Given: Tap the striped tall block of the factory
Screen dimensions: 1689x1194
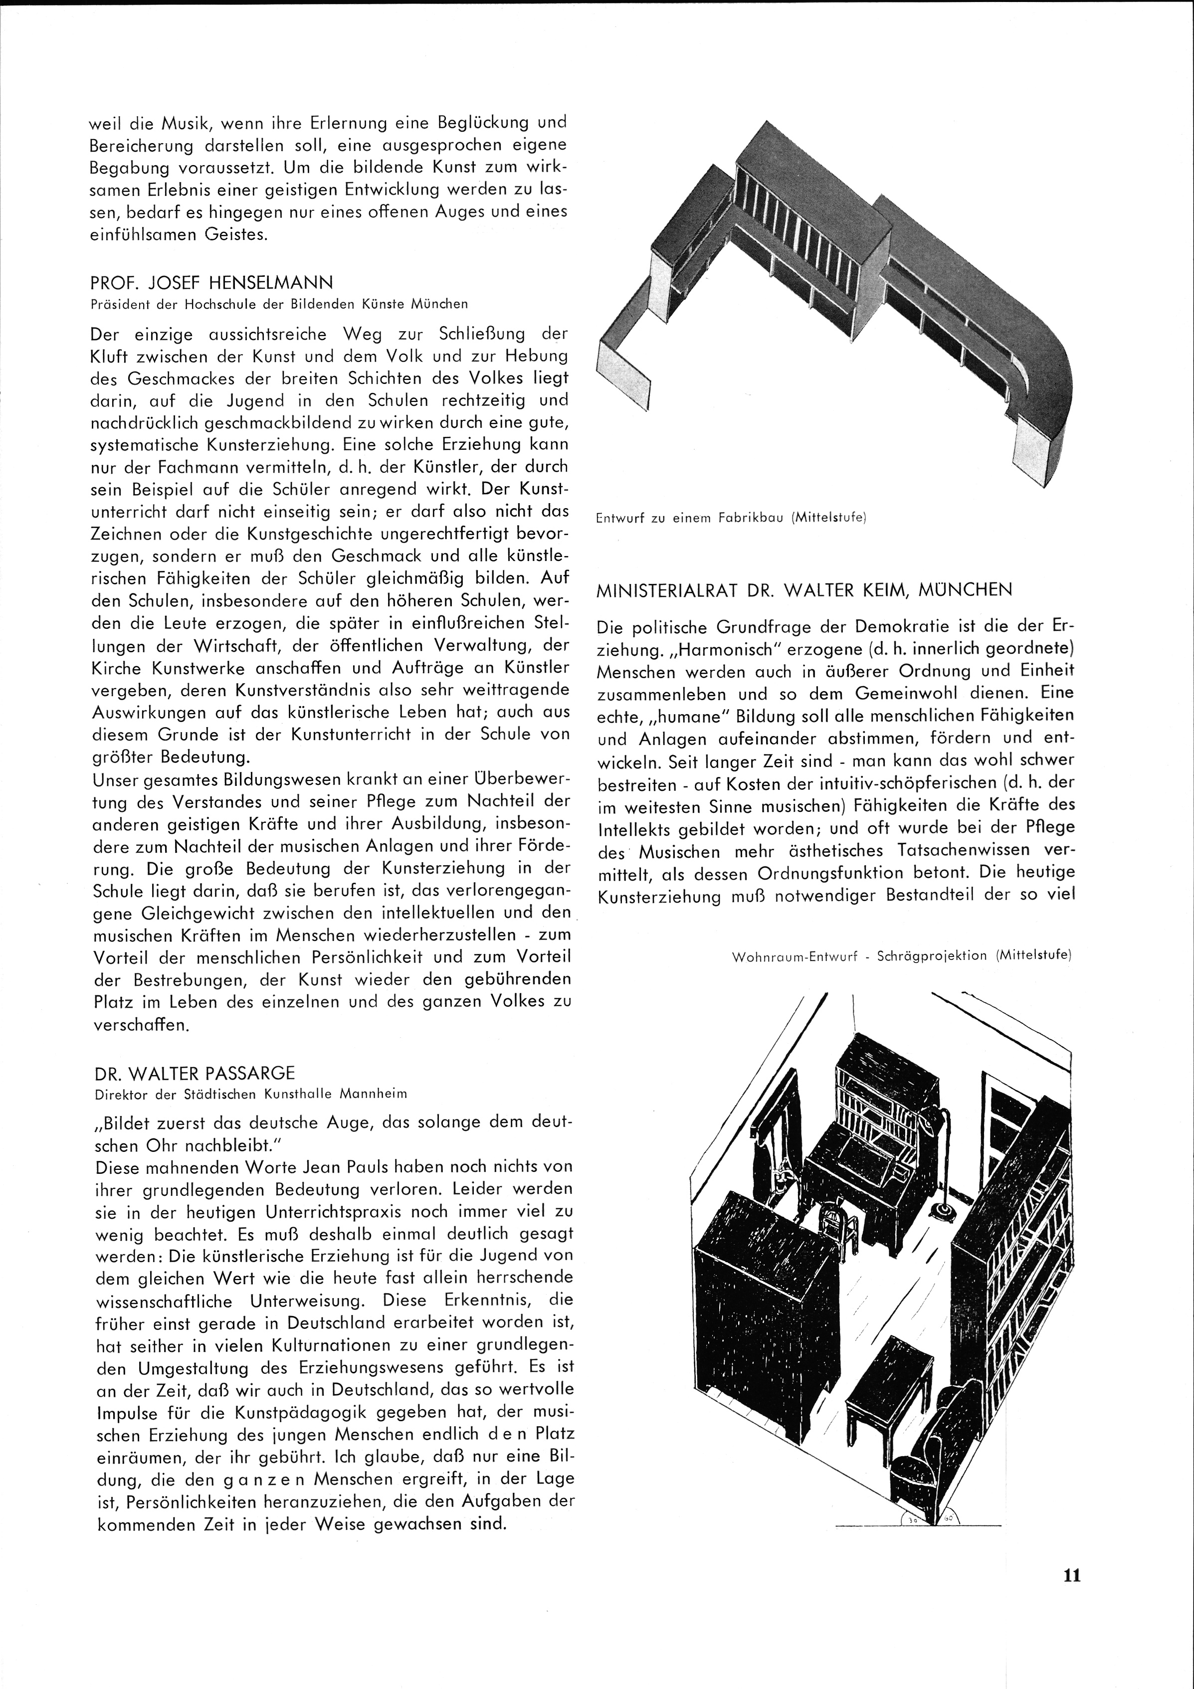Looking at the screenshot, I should coord(809,221).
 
